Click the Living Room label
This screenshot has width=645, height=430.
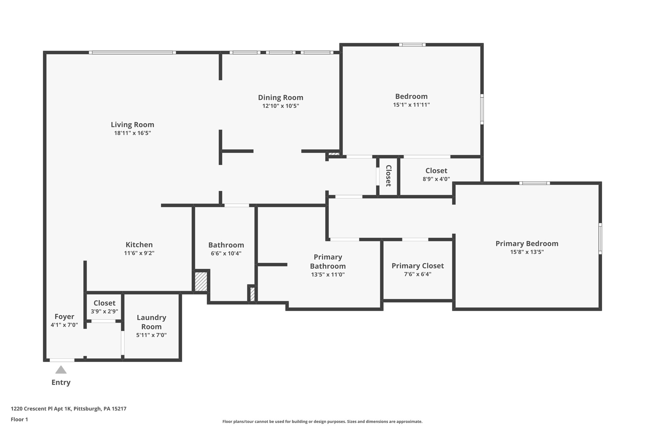(132, 124)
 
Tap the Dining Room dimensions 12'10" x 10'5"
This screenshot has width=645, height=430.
(280, 106)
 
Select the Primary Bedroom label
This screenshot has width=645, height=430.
(527, 244)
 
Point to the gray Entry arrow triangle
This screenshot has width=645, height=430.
(61, 370)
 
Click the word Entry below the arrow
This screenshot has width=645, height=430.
(61, 382)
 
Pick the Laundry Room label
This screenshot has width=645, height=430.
(151, 322)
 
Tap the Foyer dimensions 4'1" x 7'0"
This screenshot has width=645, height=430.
(64, 325)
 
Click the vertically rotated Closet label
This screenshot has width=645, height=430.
(388, 176)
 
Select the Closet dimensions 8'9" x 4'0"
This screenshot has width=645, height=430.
(436, 179)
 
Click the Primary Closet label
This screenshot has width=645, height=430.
(417, 266)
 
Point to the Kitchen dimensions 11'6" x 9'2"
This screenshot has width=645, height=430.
(139, 253)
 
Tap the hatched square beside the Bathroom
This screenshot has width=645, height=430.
(201, 282)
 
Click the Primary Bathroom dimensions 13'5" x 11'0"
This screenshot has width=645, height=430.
(328, 274)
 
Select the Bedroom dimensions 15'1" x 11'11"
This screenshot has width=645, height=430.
(411, 105)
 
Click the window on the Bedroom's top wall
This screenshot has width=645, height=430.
(412, 45)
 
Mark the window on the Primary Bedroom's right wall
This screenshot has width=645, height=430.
(600, 238)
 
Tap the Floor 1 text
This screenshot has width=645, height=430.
(19, 419)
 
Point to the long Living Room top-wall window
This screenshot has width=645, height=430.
(132, 53)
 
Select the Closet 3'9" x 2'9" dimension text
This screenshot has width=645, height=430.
(104, 311)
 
